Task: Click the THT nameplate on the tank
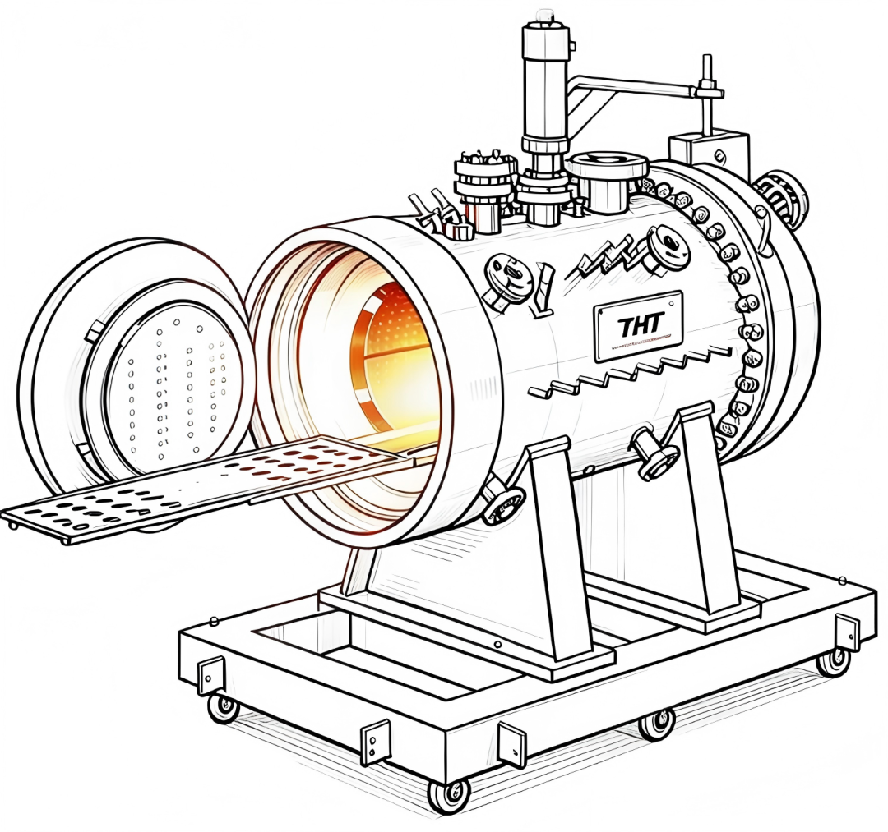[x=638, y=326]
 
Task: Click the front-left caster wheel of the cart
[x=223, y=707]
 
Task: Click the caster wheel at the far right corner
[x=833, y=660]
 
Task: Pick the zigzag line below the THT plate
[x=629, y=374]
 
